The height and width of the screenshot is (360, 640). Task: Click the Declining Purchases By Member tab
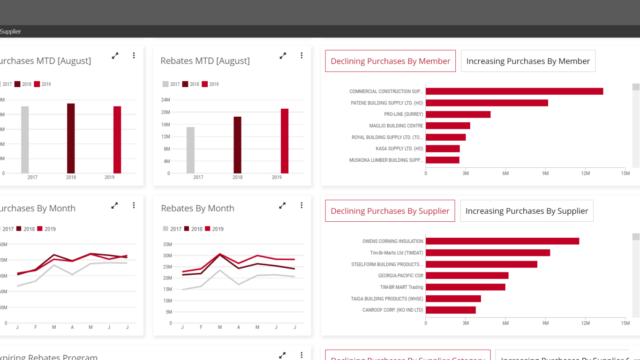(390, 61)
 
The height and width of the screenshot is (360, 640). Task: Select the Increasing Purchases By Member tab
(528, 61)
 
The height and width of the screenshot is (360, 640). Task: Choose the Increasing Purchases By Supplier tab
(527, 211)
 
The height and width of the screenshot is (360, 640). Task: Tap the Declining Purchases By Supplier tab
(390, 211)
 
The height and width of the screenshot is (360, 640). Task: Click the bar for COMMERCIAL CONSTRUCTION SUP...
(514, 91)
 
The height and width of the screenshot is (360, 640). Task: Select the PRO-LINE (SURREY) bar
(458, 114)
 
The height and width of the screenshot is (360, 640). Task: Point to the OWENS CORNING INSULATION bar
(502, 241)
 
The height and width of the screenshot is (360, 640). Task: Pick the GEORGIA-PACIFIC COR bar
(467, 276)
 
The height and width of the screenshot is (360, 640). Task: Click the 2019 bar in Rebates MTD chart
(285, 141)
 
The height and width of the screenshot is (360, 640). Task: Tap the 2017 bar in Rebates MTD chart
(190, 150)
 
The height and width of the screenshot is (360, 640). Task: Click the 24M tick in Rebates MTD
(166, 100)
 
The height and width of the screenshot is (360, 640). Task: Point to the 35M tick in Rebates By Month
(167, 244)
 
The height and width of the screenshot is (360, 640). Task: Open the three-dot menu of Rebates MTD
(301, 55)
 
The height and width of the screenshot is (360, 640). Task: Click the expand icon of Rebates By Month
(282, 205)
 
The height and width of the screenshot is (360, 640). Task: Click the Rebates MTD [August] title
(205, 61)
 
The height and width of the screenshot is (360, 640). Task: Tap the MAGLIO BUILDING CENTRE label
(396, 126)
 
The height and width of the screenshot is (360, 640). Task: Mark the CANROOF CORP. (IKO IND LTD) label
(392, 310)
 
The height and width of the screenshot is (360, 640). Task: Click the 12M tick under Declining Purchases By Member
(586, 173)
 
